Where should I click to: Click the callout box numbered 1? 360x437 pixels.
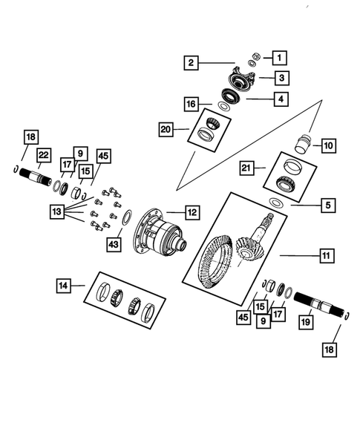tap(279, 56)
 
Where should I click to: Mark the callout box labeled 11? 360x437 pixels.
tap(325, 256)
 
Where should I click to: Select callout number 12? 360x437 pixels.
tap(192, 213)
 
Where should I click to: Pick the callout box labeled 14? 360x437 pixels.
tap(65, 285)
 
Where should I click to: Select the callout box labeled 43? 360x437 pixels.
tap(114, 243)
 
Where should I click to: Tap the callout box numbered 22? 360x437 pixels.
tap(44, 154)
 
